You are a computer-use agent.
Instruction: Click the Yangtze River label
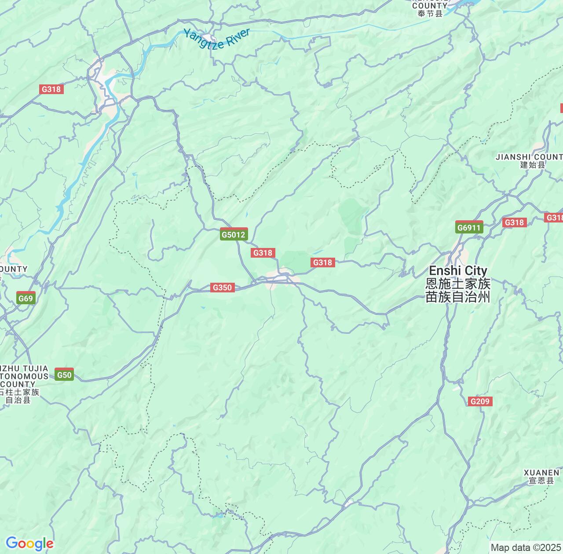pos(216,39)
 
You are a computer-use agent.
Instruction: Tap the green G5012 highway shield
pos(234,234)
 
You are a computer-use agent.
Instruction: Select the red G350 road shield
pos(222,288)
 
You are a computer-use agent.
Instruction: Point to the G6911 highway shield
pos(469,227)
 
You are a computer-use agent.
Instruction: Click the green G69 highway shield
pos(26,299)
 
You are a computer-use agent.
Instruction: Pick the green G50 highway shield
pos(64,375)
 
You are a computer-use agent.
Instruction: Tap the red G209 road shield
pos(479,401)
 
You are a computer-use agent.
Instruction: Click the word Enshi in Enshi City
pos(445,270)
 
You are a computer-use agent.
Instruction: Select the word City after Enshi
pos(476,270)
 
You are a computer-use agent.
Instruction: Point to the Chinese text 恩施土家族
pos(458,284)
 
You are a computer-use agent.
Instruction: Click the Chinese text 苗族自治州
pos(458,297)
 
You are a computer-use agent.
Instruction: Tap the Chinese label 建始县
pos(532,165)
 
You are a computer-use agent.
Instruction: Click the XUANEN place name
pos(541,473)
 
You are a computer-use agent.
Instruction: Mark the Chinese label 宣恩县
pos(541,481)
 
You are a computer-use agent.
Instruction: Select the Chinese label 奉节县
pos(430,14)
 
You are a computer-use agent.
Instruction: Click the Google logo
pos(29,543)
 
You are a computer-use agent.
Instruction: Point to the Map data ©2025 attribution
pos(525,548)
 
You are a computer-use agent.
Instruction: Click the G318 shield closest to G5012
pos(263,252)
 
